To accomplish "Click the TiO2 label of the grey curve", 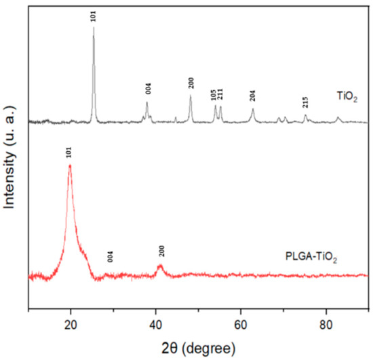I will [347, 98].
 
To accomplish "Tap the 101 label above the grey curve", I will [94, 15].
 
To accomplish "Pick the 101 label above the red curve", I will [69, 153].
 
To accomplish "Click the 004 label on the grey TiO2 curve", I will [148, 89].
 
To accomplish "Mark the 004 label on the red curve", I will [110, 256].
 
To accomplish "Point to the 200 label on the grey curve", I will [191, 83].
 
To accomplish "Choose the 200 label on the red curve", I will [161, 251].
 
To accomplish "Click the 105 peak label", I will [214, 94].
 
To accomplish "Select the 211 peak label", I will [220, 94].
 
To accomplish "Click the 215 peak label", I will [306, 102].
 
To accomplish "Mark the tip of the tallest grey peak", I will [94, 28].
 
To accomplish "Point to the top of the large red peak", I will [69, 165].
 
